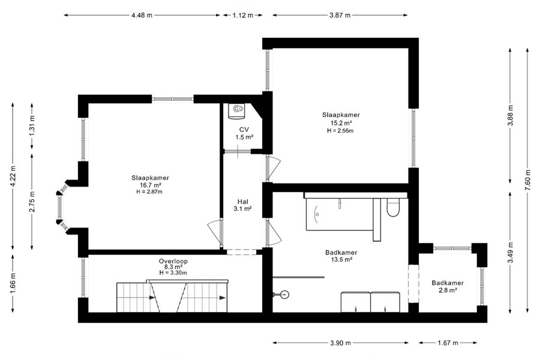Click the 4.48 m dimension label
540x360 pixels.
pos(142,15)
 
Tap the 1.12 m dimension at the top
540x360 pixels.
pos(243,15)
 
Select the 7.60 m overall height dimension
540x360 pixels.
pos(527,180)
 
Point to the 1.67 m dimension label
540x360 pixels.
pos(448,343)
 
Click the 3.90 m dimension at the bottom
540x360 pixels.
pos(340,343)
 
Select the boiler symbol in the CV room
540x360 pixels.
pos(236,111)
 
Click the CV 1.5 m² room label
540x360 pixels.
pos(244,133)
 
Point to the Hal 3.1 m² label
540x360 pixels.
pos(242,205)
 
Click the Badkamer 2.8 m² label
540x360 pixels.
pos(448,286)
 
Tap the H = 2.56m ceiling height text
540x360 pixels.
pos(340,131)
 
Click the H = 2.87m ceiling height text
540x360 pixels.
pos(150,191)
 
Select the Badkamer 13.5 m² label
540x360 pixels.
pos(341,256)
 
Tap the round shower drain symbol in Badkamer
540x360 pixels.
pos(284,295)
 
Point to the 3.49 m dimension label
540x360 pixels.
pos(511,253)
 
